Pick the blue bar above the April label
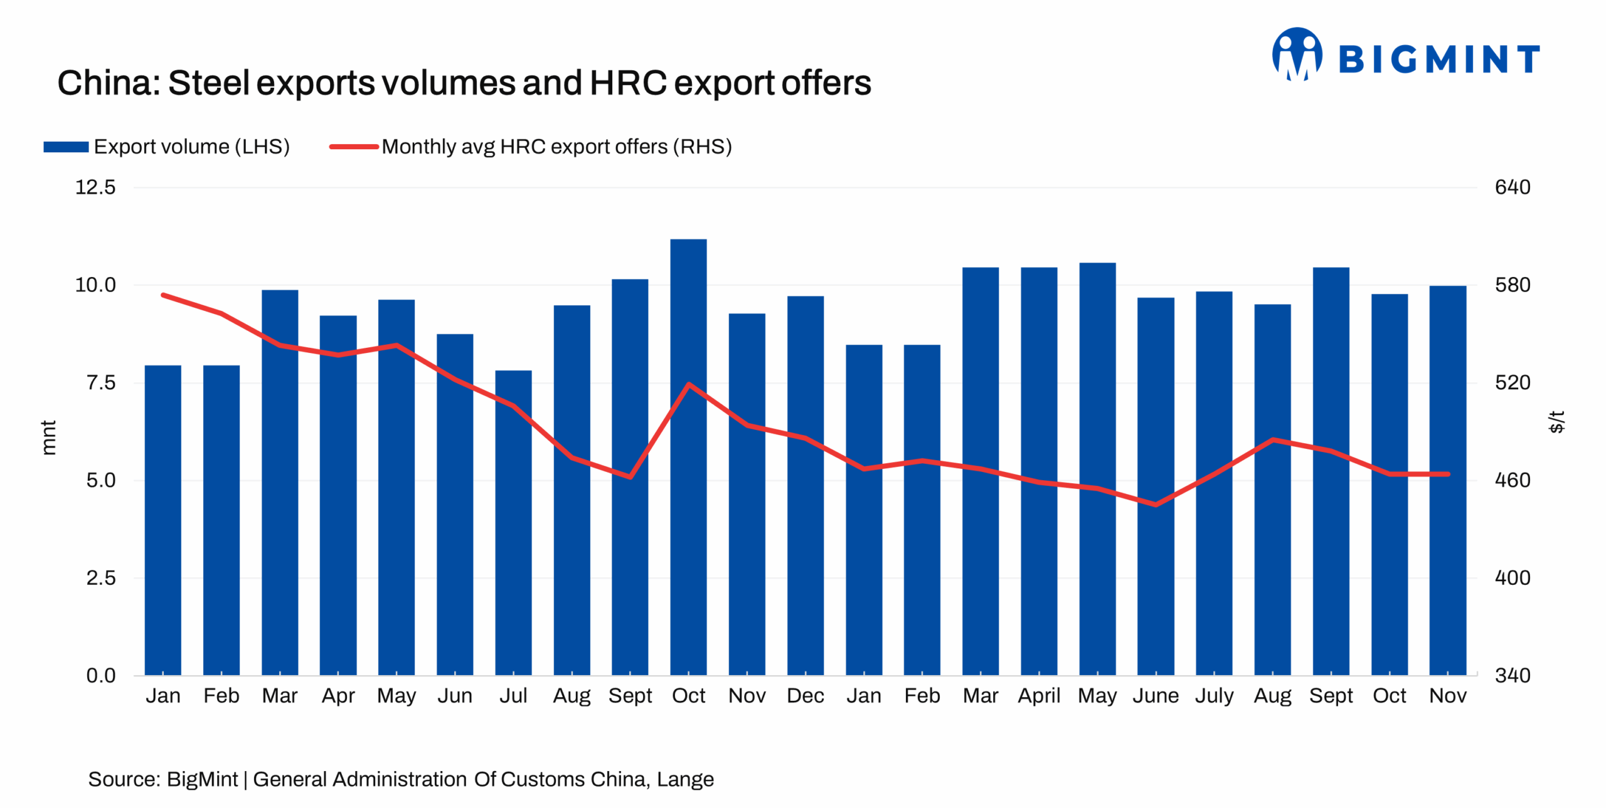pos(1038,471)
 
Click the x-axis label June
pos(1155,695)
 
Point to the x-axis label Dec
pos(805,695)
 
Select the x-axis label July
pos(1213,695)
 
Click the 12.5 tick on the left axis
pos(95,187)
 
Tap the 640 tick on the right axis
pos(1512,187)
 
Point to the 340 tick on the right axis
pos(1512,675)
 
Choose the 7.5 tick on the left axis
pos(100,382)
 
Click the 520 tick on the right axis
pos(1512,382)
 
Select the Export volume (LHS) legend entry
pos(167,147)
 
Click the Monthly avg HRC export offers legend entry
pos(531,147)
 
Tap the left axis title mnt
pos(48,437)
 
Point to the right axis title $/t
pos(1556,421)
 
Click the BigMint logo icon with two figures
pos(1296,55)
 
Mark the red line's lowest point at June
pos(1155,504)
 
